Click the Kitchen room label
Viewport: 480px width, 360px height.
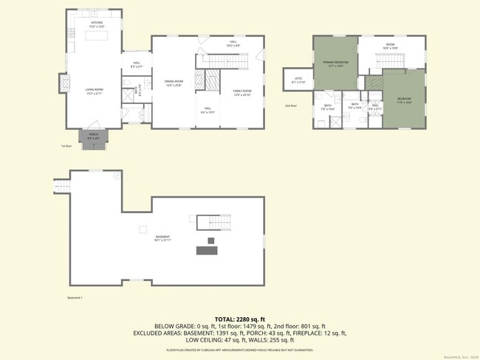[x=97, y=24]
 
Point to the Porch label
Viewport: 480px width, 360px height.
[x=94, y=136]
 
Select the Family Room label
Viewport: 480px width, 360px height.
[x=242, y=92]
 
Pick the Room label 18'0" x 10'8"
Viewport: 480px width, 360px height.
[x=391, y=46]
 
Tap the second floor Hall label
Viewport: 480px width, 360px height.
[x=375, y=106]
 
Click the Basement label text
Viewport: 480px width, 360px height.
[x=162, y=238]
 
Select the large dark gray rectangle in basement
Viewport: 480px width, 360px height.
[x=207, y=251]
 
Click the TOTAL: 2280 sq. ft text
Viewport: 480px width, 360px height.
[x=239, y=319]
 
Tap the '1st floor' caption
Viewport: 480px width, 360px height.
[x=66, y=146]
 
